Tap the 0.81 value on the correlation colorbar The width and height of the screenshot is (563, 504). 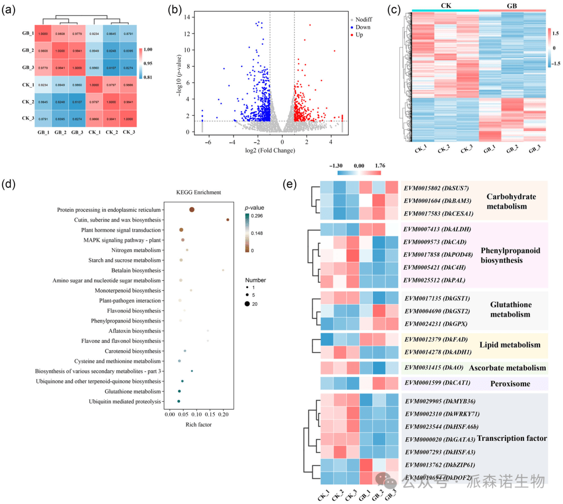click(x=148, y=78)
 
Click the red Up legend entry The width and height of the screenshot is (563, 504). click(x=360, y=34)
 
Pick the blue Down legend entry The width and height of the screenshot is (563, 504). click(x=362, y=27)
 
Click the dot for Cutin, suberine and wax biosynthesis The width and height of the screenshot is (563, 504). click(x=228, y=220)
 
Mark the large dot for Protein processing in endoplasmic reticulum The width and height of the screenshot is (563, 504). click(x=192, y=210)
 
